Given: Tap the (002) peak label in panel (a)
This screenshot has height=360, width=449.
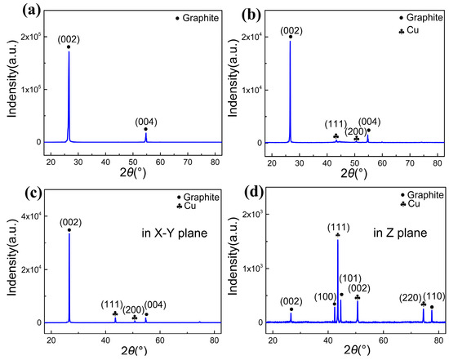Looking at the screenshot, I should point(68,38).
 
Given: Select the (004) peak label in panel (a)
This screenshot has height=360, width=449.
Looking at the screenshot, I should point(145,119).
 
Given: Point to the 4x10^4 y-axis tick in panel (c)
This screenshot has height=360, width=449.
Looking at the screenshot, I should point(31,216).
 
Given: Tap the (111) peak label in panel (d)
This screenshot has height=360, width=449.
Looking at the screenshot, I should point(337,225).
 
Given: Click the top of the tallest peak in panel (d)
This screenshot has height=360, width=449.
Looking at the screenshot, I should point(337,240).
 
